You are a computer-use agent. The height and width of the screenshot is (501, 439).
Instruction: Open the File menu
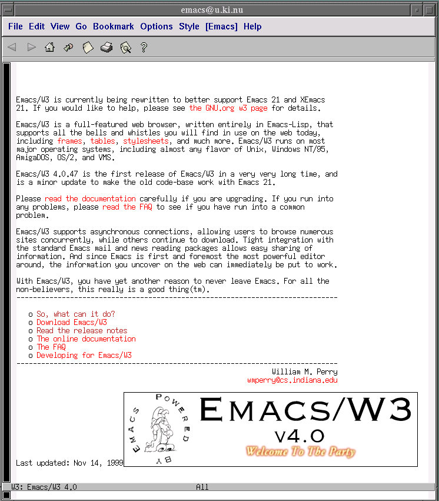(15, 26)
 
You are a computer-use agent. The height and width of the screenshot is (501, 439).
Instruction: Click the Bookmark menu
(113, 26)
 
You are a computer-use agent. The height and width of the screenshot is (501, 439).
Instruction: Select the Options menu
(156, 26)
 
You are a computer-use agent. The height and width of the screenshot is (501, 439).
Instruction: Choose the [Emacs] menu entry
(221, 26)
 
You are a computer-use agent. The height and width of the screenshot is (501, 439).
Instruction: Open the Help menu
(252, 26)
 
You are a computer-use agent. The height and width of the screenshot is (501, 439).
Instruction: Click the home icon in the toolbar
(49, 48)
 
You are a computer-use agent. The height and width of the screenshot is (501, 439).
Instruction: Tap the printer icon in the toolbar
(107, 48)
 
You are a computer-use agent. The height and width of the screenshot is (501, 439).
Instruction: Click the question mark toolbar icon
(144, 48)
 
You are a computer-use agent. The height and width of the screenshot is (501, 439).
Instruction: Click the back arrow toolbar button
(12, 48)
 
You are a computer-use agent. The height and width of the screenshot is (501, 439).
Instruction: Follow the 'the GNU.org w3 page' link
(228, 108)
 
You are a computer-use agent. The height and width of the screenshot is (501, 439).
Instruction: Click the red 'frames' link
(69, 141)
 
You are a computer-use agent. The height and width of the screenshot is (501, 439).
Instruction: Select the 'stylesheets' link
(146, 141)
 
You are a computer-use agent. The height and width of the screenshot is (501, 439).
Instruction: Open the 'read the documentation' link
(90, 199)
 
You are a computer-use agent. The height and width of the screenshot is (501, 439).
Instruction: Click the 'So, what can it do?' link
(76, 314)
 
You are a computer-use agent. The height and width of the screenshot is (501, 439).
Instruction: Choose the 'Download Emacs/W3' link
(72, 323)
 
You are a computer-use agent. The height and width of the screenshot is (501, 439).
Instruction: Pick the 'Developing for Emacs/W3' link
(84, 356)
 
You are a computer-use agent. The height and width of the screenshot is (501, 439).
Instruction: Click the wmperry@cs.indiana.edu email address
(292, 380)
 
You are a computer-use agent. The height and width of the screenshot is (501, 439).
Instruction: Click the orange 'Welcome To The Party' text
(300, 452)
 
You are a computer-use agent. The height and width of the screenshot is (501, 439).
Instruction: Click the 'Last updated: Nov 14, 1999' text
(69, 463)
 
